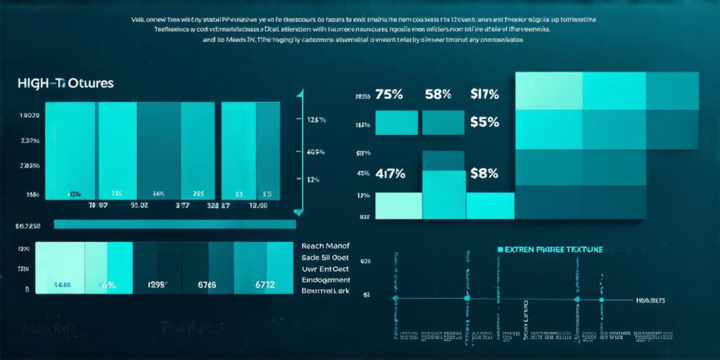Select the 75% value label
[389, 94]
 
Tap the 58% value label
[438, 94]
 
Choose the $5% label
[484, 122]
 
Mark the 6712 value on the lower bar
[264, 285]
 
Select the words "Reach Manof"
[325, 246]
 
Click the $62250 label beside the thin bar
[28, 226]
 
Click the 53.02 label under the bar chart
[139, 207]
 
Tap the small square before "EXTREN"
[501, 250]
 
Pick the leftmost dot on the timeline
[395, 299]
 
